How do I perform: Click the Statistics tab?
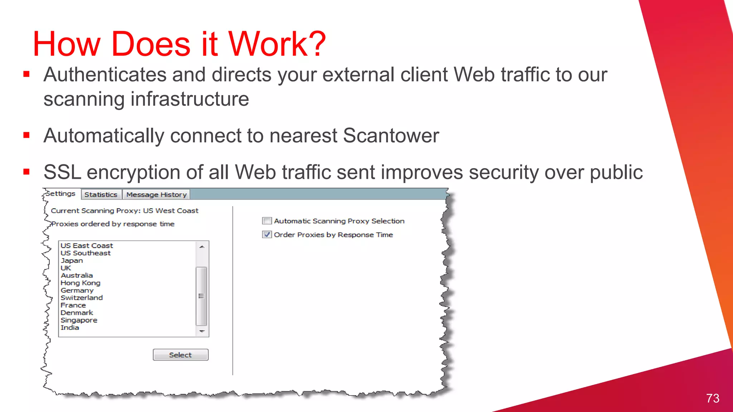(101, 195)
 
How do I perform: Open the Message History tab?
(156, 195)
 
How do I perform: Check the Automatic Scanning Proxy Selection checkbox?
(267, 221)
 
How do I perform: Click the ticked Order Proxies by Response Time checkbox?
(267, 235)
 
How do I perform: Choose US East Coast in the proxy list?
(87, 246)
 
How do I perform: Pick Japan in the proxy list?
(72, 261)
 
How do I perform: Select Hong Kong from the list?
(81, 283)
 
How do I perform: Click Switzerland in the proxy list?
(82, 298)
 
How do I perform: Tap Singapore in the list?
(79, 320)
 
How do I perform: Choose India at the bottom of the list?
(70, 328)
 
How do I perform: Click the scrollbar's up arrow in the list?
(202, 247)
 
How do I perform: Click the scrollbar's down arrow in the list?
(202, 331)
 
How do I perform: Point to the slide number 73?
(713, 398)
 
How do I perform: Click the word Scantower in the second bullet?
(390, 136)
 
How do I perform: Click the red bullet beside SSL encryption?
(26, 172)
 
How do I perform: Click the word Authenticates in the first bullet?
(105, 75)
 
